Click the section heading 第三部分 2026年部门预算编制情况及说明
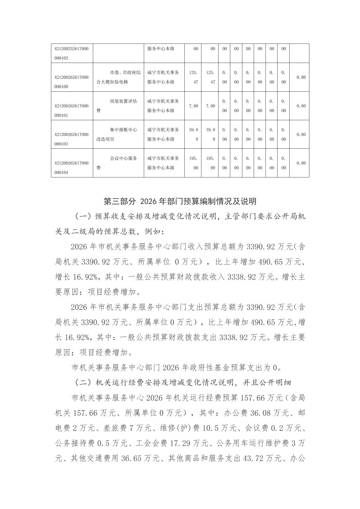[180, 201]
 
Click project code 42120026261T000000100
[71, 82]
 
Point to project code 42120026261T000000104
[71, 168]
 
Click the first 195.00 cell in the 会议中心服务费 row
[193, 163]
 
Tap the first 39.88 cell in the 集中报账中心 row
[193, 134]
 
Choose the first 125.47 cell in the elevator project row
[193, 77]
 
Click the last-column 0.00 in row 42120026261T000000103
[301, 135]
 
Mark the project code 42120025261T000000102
[71, 53]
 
